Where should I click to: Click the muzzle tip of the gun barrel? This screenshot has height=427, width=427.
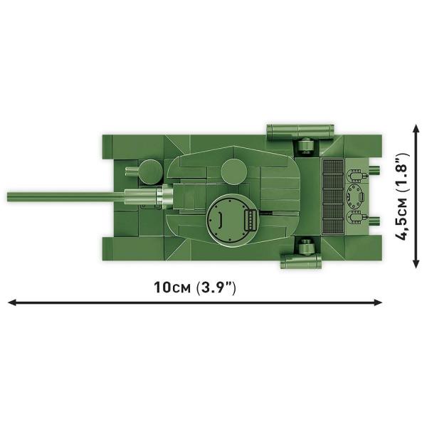pos(10,196)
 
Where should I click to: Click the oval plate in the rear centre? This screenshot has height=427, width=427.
pos(354,194)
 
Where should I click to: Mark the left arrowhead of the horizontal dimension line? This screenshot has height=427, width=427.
pos(12,303)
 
